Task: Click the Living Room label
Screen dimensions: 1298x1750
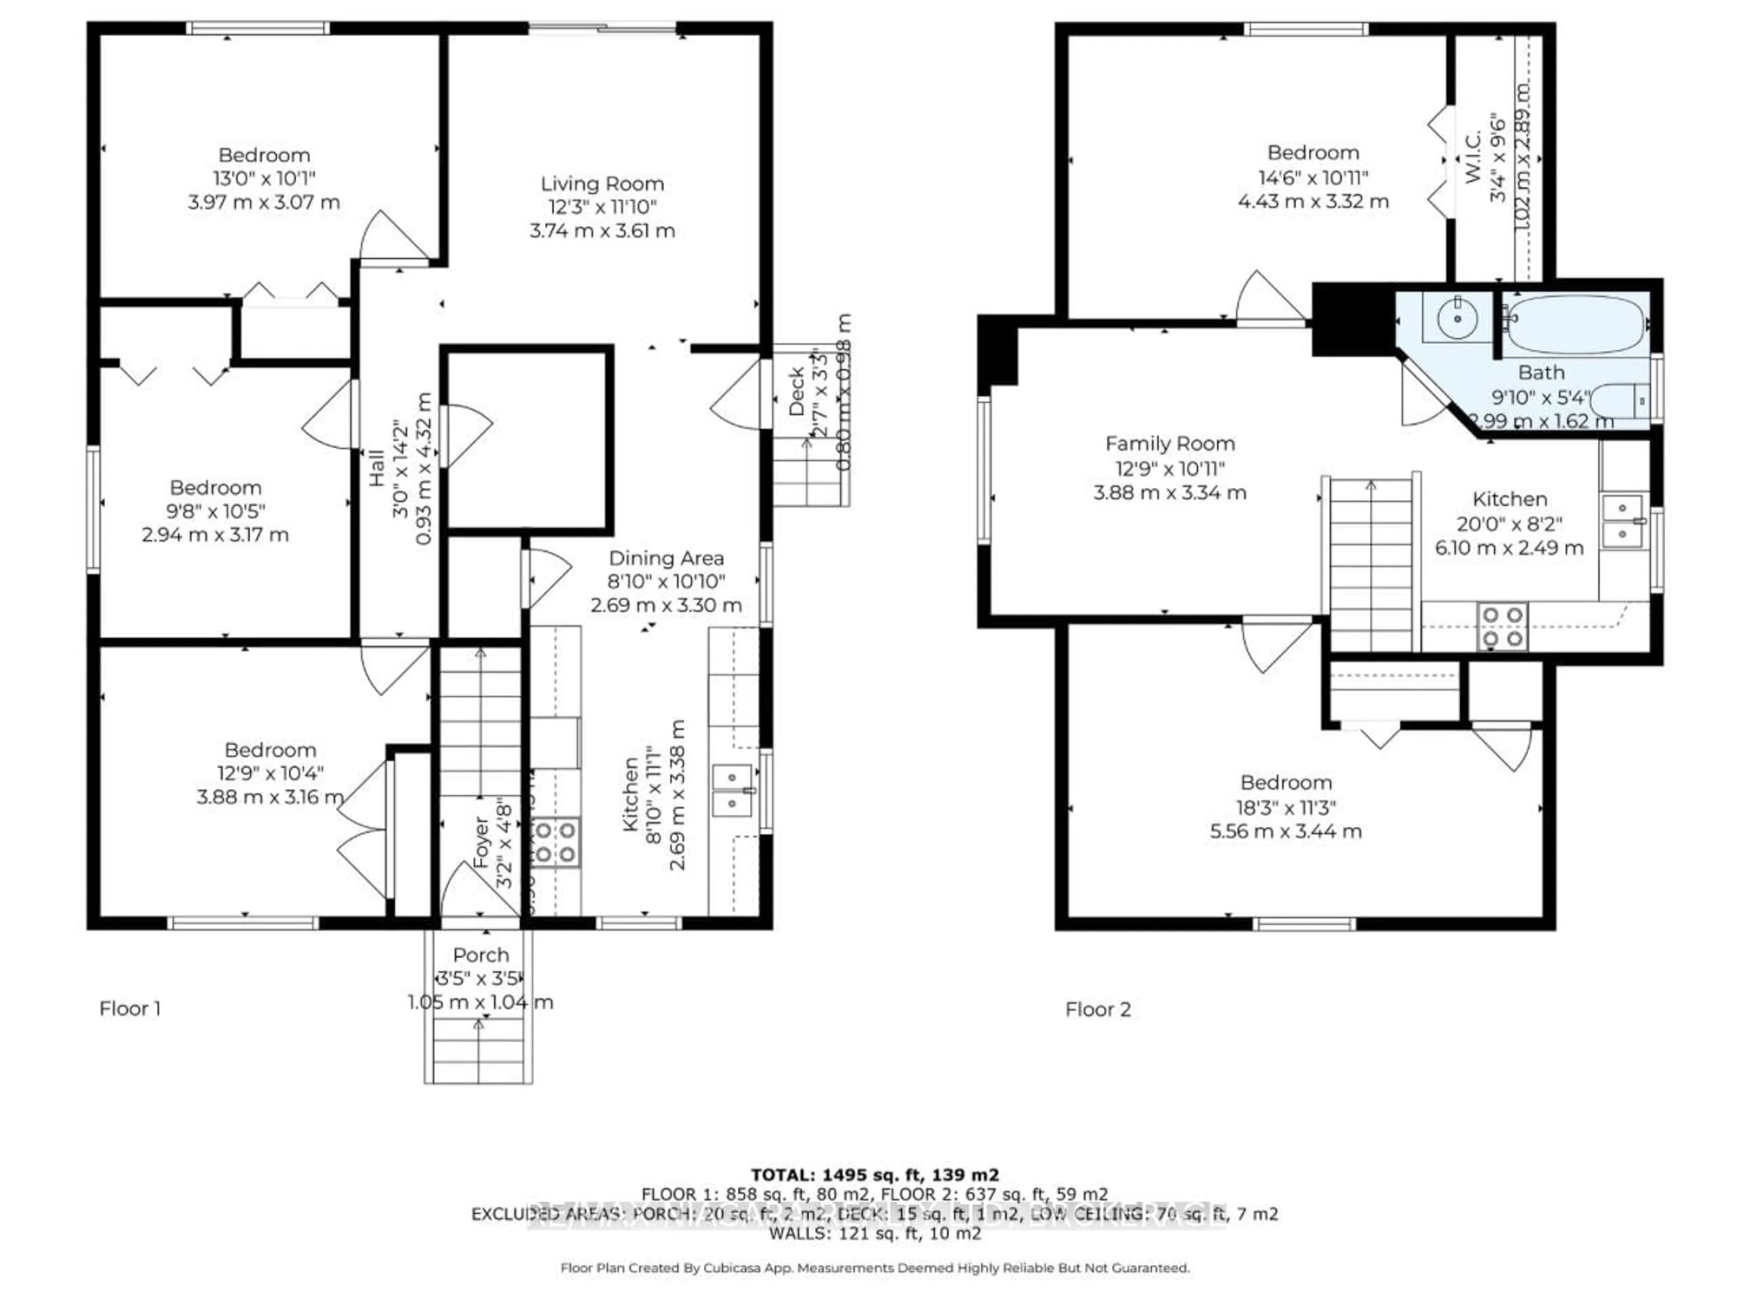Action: (602, 184)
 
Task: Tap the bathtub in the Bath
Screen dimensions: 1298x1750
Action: (1574, 324)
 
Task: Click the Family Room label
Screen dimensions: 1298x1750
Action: (1169, 444)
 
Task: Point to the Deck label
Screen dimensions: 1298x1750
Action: (796, 391)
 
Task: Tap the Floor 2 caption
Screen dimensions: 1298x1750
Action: (1098, 1010)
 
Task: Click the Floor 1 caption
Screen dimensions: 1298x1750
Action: (130, 1009)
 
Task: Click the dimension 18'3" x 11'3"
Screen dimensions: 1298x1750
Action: (1286, 807)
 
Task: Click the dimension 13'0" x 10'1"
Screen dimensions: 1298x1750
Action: (264, 178)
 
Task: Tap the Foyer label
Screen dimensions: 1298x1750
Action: (481, 842)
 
